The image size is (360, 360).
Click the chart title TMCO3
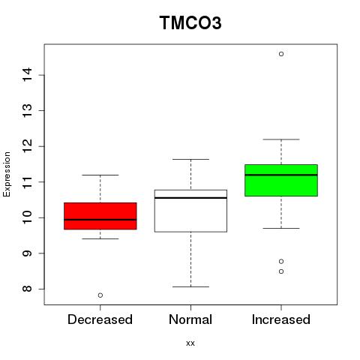coord(190,22)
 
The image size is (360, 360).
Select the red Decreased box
coord(100,216)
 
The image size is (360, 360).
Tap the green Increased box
coord(281,180)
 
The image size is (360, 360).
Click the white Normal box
coord(190,211)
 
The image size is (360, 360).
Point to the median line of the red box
coord(100,220)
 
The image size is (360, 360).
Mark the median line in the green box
coord(281,175)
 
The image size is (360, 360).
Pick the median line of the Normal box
coord(190,198)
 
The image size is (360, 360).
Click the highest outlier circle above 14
coord(281,54)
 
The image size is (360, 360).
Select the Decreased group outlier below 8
coord(100,295)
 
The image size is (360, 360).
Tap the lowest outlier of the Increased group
coord(281,271)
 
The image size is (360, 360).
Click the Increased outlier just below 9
coord(281,262)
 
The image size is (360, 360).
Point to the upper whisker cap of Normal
coord(190,159)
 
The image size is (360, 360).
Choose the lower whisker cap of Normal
coord(190,286)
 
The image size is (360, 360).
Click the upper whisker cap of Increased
coord(281,139)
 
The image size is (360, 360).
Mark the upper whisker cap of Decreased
coord(100,175)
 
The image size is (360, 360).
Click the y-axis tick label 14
coord(27,74)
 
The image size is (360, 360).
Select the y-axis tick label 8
coord(27,289)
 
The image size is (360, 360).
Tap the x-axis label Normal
coord(190,319)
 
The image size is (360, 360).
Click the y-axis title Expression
coord(7,175)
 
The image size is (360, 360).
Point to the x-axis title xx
coord(190,343)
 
